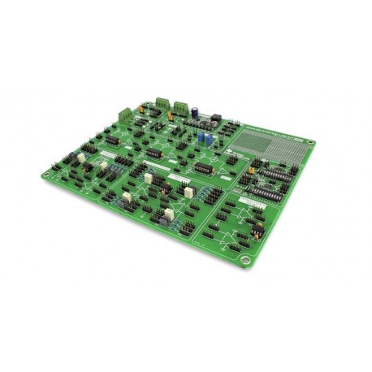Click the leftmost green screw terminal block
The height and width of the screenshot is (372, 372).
[x=126, y=114]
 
